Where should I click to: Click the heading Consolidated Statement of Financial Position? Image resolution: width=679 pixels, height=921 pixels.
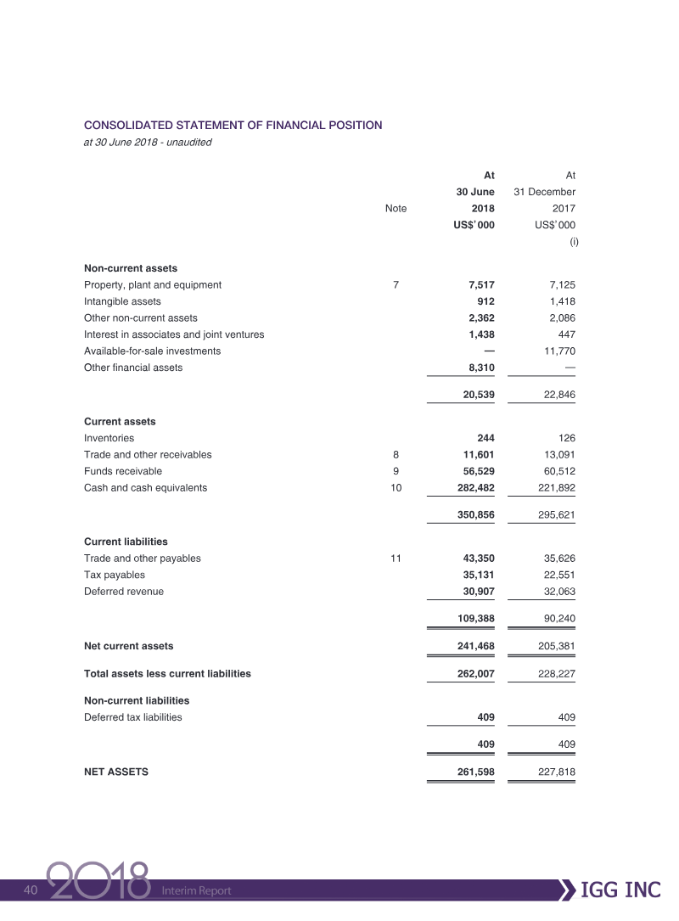click(x=233, y=125)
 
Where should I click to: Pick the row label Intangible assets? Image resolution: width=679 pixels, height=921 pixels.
click(x=122, y=300)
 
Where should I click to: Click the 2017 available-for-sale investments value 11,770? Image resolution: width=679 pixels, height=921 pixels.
click(x=557, y=351)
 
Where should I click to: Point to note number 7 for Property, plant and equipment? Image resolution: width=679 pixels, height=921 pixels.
click(x=396, y=284)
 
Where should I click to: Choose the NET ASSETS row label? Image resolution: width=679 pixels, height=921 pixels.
click(x=116, y=772)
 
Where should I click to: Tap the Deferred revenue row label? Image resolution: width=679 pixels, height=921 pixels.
click(x=124, y=591)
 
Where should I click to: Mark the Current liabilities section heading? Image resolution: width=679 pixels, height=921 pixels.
click(x=126, y=542)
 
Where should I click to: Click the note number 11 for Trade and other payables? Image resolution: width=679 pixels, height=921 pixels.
click(x=396, y=559)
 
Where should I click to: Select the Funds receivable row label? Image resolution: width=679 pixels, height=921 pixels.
click(x=123, y=471)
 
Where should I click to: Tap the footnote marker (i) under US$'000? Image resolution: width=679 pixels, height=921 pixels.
click(x=573, y=243)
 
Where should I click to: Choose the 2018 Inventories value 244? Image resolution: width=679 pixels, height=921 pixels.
click(x=485, y=438)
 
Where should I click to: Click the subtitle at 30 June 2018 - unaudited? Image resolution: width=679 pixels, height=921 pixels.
click(x=148, y=143)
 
